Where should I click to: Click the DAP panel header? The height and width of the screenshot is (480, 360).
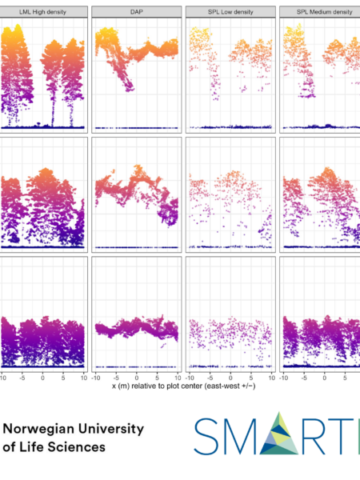(137, 12)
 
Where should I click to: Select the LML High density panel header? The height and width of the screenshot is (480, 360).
(43, 12)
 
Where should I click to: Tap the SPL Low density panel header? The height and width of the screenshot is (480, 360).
(230, 12)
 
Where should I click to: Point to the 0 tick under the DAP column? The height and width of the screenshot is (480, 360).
(137, 378)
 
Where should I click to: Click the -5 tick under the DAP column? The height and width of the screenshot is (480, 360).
(116, 378)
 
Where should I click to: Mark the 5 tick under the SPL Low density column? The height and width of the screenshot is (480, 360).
(251, 378)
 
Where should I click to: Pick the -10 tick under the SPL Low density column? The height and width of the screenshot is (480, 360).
(190, 378)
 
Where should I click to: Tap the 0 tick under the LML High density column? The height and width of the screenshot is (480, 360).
(42, 378)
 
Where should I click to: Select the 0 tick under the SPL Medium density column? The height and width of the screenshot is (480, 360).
(325, 378)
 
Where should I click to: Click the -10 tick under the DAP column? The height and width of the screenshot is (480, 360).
(96, 378)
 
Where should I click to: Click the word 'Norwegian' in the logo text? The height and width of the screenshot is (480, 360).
(38, 429)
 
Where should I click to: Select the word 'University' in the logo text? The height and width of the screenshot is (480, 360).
(111, 429)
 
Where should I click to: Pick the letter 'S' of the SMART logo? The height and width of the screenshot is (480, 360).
(206, 436)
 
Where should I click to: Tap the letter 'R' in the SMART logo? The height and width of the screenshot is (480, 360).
(313, 436)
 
